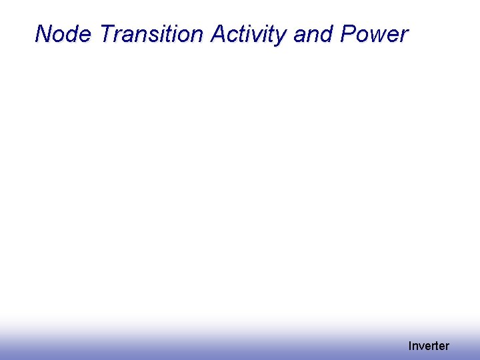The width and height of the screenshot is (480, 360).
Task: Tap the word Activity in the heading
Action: tap(250, 34)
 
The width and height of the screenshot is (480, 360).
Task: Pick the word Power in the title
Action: tap(373, 34)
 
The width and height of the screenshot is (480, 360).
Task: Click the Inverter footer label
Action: tap(429, 346)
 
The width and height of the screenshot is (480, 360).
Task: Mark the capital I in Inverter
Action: tap(410, 346)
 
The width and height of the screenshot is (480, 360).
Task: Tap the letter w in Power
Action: tap(379, 36)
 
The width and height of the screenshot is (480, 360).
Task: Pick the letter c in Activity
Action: tap(235, 36)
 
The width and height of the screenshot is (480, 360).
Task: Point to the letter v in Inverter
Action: tap(423, 347)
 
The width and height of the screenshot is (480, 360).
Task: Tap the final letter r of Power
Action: tap(403, 36)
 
